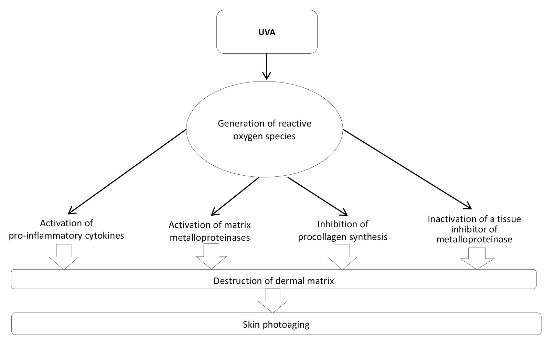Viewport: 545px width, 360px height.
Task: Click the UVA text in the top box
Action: (267, 33)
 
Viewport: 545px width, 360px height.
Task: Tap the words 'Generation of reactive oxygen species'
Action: (264, 130)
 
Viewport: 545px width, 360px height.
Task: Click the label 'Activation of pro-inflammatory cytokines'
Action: (66, 230)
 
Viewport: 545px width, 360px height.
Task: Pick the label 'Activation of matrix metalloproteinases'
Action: (210, 231)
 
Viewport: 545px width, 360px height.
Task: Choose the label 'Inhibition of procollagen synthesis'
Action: (343, 230)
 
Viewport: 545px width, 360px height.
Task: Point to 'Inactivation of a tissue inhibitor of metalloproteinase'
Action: (474, 229)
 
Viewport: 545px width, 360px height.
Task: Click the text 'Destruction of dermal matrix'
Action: (274, 281)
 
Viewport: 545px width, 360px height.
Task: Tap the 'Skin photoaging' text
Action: (276, 324)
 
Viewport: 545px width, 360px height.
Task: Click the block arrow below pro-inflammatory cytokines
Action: (64, 257)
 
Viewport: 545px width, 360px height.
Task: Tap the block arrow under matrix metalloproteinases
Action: (211, 257)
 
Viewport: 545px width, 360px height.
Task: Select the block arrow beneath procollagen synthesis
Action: (342, 257)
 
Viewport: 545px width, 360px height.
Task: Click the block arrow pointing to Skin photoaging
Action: (272, 301)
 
